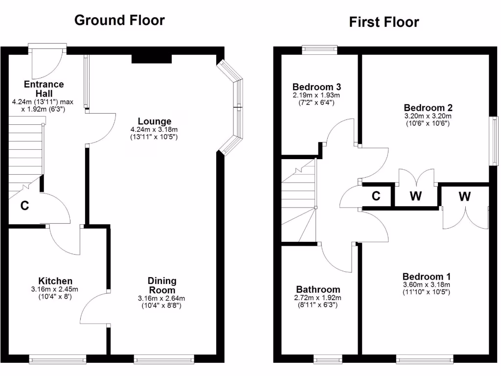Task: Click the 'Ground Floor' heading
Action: [119, 20]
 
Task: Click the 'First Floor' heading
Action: [384, 22]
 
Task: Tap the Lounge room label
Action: [155, 121]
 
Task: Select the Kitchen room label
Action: [55, 281]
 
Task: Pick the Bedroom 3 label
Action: [317, 87]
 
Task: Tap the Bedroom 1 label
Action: [427, 276]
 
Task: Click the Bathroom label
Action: [318, 289]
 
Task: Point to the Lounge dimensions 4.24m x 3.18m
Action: [154, 130]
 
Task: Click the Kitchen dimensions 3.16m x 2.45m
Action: [55, 289]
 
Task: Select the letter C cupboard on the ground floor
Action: [24, 206]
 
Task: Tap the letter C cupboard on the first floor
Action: [376, 196]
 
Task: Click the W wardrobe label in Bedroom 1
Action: [464, 196]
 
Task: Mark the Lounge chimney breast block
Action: [152, 58]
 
